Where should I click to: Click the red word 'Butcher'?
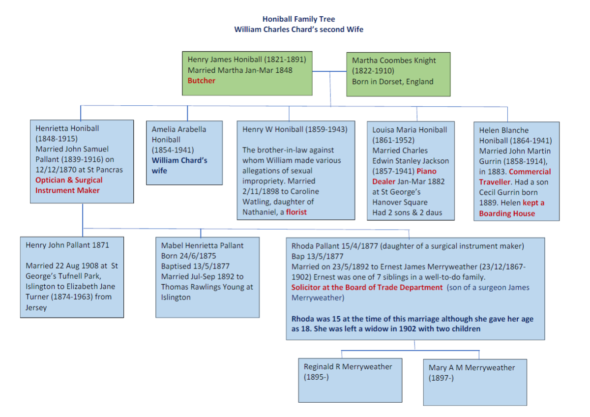[202, 81]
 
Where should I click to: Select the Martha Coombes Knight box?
[398, 74]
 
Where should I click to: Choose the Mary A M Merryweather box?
[474, 382]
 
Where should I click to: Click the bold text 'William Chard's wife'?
[179, 165]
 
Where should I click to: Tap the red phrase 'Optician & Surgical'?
[69, 180]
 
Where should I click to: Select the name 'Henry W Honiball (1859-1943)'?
[295, 129]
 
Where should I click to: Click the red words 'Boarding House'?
[507, 213]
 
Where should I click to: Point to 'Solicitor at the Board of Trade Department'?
[367, 287]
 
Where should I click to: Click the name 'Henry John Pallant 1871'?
[67, 245]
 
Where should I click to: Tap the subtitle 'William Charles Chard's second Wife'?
[298, 30]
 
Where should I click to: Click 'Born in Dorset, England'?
[392, 81]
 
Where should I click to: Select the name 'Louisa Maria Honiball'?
[410, 130]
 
